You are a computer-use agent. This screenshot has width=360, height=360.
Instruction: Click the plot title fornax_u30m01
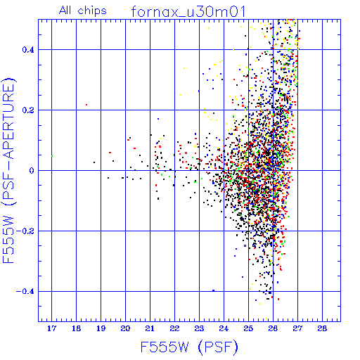[188, 12]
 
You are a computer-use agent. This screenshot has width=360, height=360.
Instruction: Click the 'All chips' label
[83, 11]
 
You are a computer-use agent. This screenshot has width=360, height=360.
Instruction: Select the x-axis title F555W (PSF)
[189, 347]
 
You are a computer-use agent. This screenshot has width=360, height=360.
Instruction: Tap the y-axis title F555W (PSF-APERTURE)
[8, 171]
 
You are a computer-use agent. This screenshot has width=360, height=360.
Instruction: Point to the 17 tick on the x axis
[51, 328]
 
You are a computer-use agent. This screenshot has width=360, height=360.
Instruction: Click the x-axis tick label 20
[125, 328]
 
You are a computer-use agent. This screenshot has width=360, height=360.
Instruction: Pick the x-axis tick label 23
[199, 328]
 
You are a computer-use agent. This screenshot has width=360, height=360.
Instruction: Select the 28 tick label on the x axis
[322, 328]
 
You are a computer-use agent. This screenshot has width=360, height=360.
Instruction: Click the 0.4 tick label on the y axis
[28, 50]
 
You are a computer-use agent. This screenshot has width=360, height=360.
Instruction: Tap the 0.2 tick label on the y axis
[28, 110]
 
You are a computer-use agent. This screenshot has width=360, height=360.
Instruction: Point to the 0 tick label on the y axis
[32, 171]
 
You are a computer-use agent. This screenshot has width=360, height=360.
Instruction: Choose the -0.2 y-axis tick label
[25, 231]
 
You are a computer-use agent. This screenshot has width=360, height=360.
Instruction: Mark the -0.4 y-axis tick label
[25, 292]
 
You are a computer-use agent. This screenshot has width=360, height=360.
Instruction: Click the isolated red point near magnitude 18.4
[86, 105]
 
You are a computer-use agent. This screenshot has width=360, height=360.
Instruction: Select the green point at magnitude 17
[52, 156]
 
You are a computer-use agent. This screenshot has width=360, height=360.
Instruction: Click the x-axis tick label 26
[273, 328]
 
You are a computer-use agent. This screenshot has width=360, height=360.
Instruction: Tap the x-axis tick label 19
[101, 328]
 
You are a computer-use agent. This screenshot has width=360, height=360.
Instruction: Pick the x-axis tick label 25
[248, 328]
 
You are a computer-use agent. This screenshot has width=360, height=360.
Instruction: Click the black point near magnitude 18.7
[94, 162]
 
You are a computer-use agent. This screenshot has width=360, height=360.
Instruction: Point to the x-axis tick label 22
[174, 328]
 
